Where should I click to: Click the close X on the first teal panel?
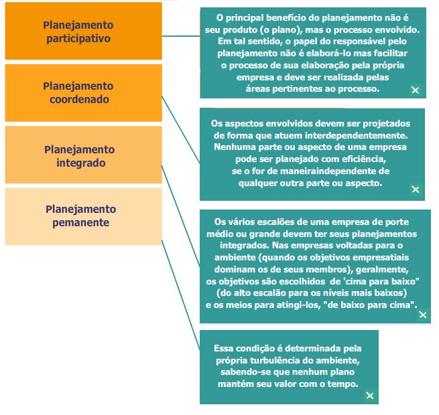[415, 90]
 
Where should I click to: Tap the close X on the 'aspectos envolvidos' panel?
[415, 189]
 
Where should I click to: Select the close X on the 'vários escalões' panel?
[422, 314]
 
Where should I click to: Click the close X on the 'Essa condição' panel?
[370, 396]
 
